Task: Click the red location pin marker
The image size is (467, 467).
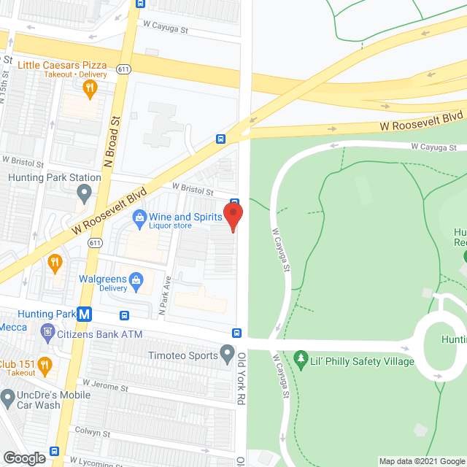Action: (x=232, y=216)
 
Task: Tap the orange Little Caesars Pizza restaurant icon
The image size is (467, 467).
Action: (x=90, y=89)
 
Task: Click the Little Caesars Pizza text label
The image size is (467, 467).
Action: (x=62, y=65)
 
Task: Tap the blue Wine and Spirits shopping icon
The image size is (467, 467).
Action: (x=138, y=217)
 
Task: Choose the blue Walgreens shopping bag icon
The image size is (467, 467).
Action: (x=136, y=279)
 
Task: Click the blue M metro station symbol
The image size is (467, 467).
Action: (x=85, y=315)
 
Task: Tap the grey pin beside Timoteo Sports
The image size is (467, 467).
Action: (x=228, y=355)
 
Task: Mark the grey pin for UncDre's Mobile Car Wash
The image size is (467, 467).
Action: (x=8, y=398)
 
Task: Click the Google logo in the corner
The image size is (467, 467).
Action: (x=23, y=458)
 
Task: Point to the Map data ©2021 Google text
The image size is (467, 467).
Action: (x=421, y=460)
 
